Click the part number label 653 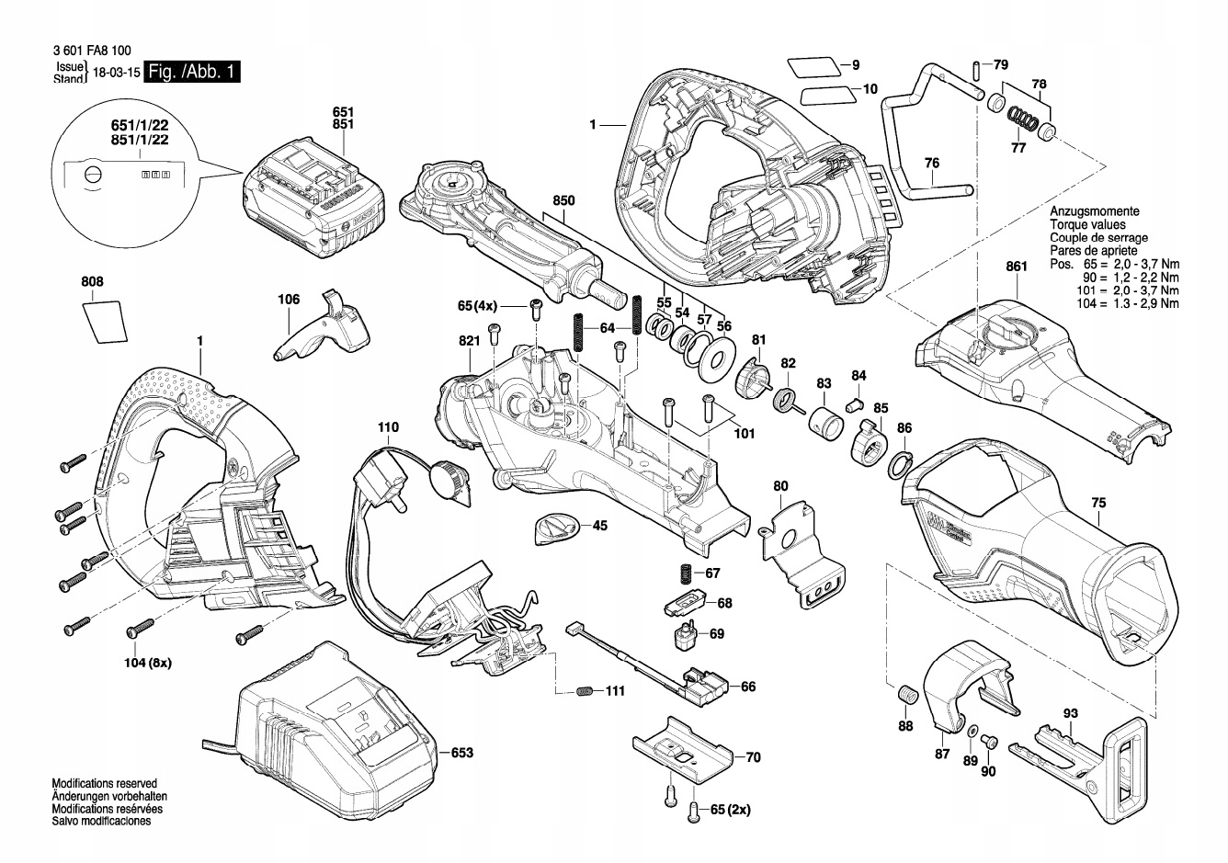[461, 753]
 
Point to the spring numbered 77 [1018, 119]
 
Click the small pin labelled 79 [974, 70]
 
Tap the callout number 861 [1016, 267]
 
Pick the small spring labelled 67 [685, 573]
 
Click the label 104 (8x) [148, 662]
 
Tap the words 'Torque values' [1087, 224]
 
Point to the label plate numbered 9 [813, 65]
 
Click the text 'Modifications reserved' [104, 783]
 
